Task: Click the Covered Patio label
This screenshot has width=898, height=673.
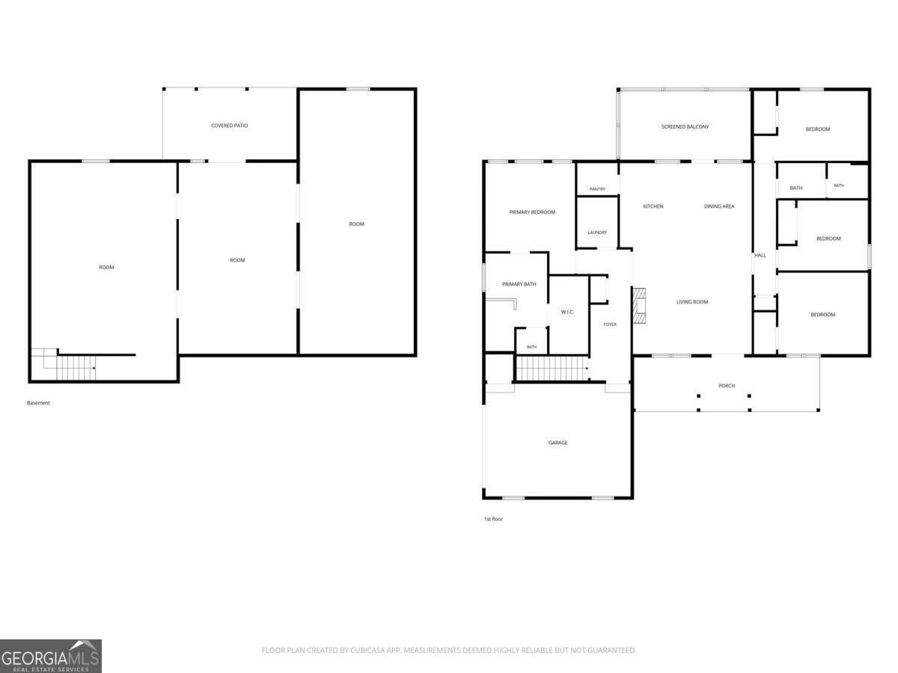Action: pos(229,126)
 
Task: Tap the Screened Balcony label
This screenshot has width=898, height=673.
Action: pos(685,126)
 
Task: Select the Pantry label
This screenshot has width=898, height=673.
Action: pos(597,189)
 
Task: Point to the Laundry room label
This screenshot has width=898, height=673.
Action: pos(597,233)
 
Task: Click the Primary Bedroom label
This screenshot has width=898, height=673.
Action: pos(532,212)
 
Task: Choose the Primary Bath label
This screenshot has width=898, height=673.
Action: pos(519,284)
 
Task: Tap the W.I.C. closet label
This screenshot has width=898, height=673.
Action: pos(567,312)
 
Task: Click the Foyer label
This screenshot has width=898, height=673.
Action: pos(610,325)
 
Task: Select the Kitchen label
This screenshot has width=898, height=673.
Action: pos(653,206)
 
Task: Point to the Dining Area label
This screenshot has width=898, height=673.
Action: pos(719,206)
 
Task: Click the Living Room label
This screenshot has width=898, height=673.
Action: pos(691,302)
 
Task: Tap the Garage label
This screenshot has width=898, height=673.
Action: pos(558,443)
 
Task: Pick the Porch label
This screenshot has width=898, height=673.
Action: pos(727,386)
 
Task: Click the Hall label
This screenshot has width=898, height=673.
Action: pos(760,256)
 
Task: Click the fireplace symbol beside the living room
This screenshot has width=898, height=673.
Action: pos(639,306)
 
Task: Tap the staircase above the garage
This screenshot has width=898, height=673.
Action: pos(552,368)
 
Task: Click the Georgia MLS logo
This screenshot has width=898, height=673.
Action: pos(51,657)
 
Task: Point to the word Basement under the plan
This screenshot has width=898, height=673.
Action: pos(38,403)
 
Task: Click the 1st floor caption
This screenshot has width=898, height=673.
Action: pos(493,519)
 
